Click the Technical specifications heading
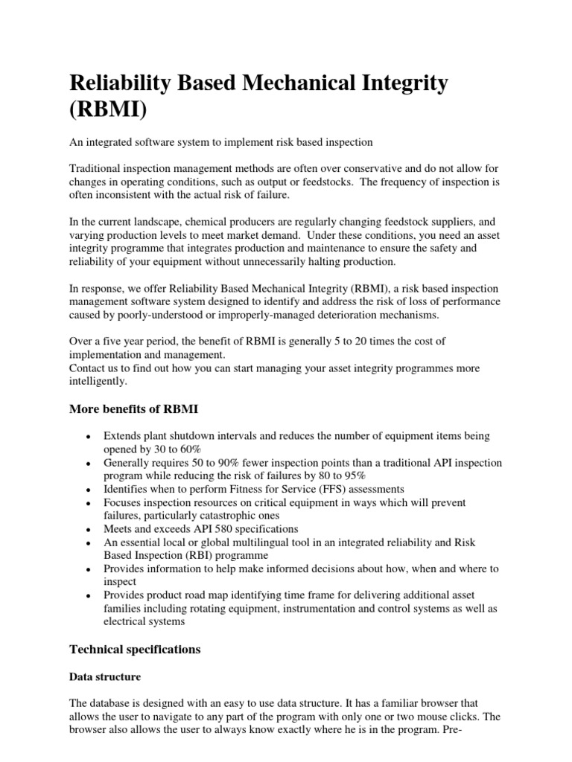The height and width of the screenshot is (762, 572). click(135, 649)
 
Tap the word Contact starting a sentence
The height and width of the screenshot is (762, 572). click(88, 368)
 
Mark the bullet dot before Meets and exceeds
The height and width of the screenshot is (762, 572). click(89, 530)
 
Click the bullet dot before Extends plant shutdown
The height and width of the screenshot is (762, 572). click(89, 436)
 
